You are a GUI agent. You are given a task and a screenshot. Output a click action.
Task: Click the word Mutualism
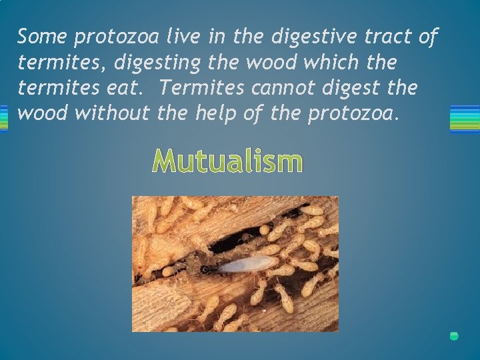[227, 161]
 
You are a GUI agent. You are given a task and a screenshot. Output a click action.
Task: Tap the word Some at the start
[42, 37]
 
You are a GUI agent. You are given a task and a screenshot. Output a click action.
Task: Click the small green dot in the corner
[454, 336]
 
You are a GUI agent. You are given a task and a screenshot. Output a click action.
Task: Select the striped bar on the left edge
[3, 118]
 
